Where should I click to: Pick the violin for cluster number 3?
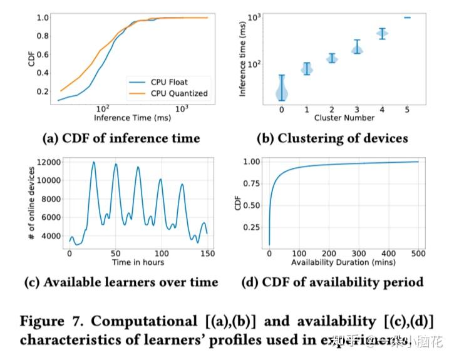click(357, 48)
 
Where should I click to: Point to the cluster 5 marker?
click(407, 18)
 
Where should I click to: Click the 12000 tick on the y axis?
click(48, 162)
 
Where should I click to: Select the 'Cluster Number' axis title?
click(344, 117)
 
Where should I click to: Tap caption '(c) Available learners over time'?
click(121, 282)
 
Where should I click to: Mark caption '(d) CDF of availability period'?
click(332, 282)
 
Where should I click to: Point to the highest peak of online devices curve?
click(94, 162)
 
